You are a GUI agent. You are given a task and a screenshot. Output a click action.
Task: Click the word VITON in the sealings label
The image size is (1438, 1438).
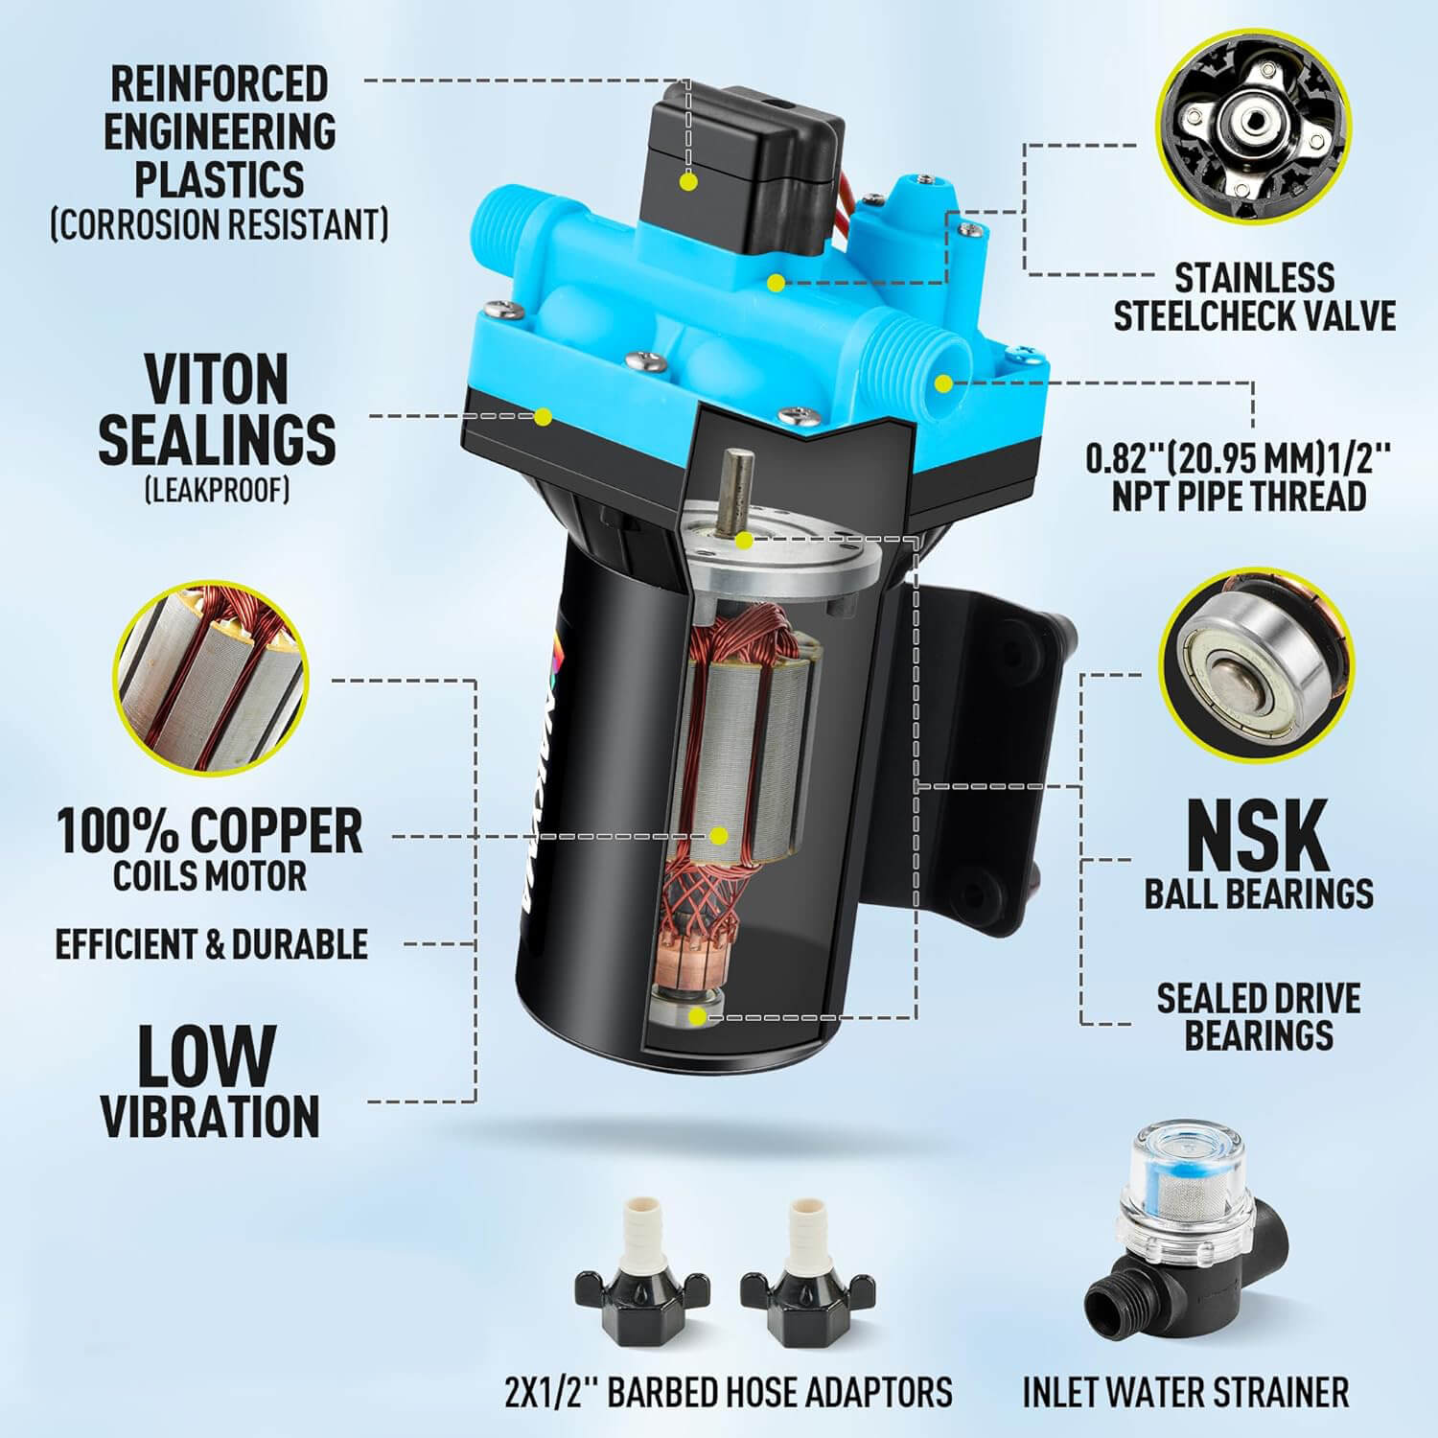pyautogui.click(x=217, y=379)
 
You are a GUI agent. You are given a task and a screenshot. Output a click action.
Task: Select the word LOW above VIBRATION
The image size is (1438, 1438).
pyautogui.click(x=206, y=1055)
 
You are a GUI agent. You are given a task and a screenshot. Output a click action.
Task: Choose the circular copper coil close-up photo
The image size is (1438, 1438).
pyautogui.click(x=212, y=676)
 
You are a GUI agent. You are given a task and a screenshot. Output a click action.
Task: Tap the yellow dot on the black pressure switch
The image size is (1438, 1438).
pyautogui.click(x=686, y=180)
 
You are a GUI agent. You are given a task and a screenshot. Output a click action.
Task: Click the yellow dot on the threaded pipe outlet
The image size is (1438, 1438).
pyautogui.click(x=943, y=384)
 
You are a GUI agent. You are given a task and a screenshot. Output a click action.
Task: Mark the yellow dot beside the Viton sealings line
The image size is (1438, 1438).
pyautogui.click(x=543, y=416)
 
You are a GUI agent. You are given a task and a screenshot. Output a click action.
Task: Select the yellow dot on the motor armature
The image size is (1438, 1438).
pyautogui.click(x=719, y=835)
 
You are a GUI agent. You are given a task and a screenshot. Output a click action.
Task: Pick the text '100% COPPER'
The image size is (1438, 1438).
pyautogui.click(x=210, y=830)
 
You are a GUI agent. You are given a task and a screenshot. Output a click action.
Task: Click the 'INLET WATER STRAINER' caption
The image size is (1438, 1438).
pyautogui.click(x=1185, y=1391)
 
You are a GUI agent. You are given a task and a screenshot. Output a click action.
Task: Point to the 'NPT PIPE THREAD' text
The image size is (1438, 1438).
pyautogui.click(x=1239, y=496)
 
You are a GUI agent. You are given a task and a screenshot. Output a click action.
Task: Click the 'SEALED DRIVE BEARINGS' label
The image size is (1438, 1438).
pyautogui.click(x=1259, y=1016)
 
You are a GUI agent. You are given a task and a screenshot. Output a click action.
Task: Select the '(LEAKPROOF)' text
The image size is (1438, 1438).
pyautogui.click(x=217, y=490)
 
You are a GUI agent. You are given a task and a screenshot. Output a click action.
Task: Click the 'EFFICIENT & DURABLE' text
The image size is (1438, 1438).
pyautogui.click(x=211, y=944)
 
